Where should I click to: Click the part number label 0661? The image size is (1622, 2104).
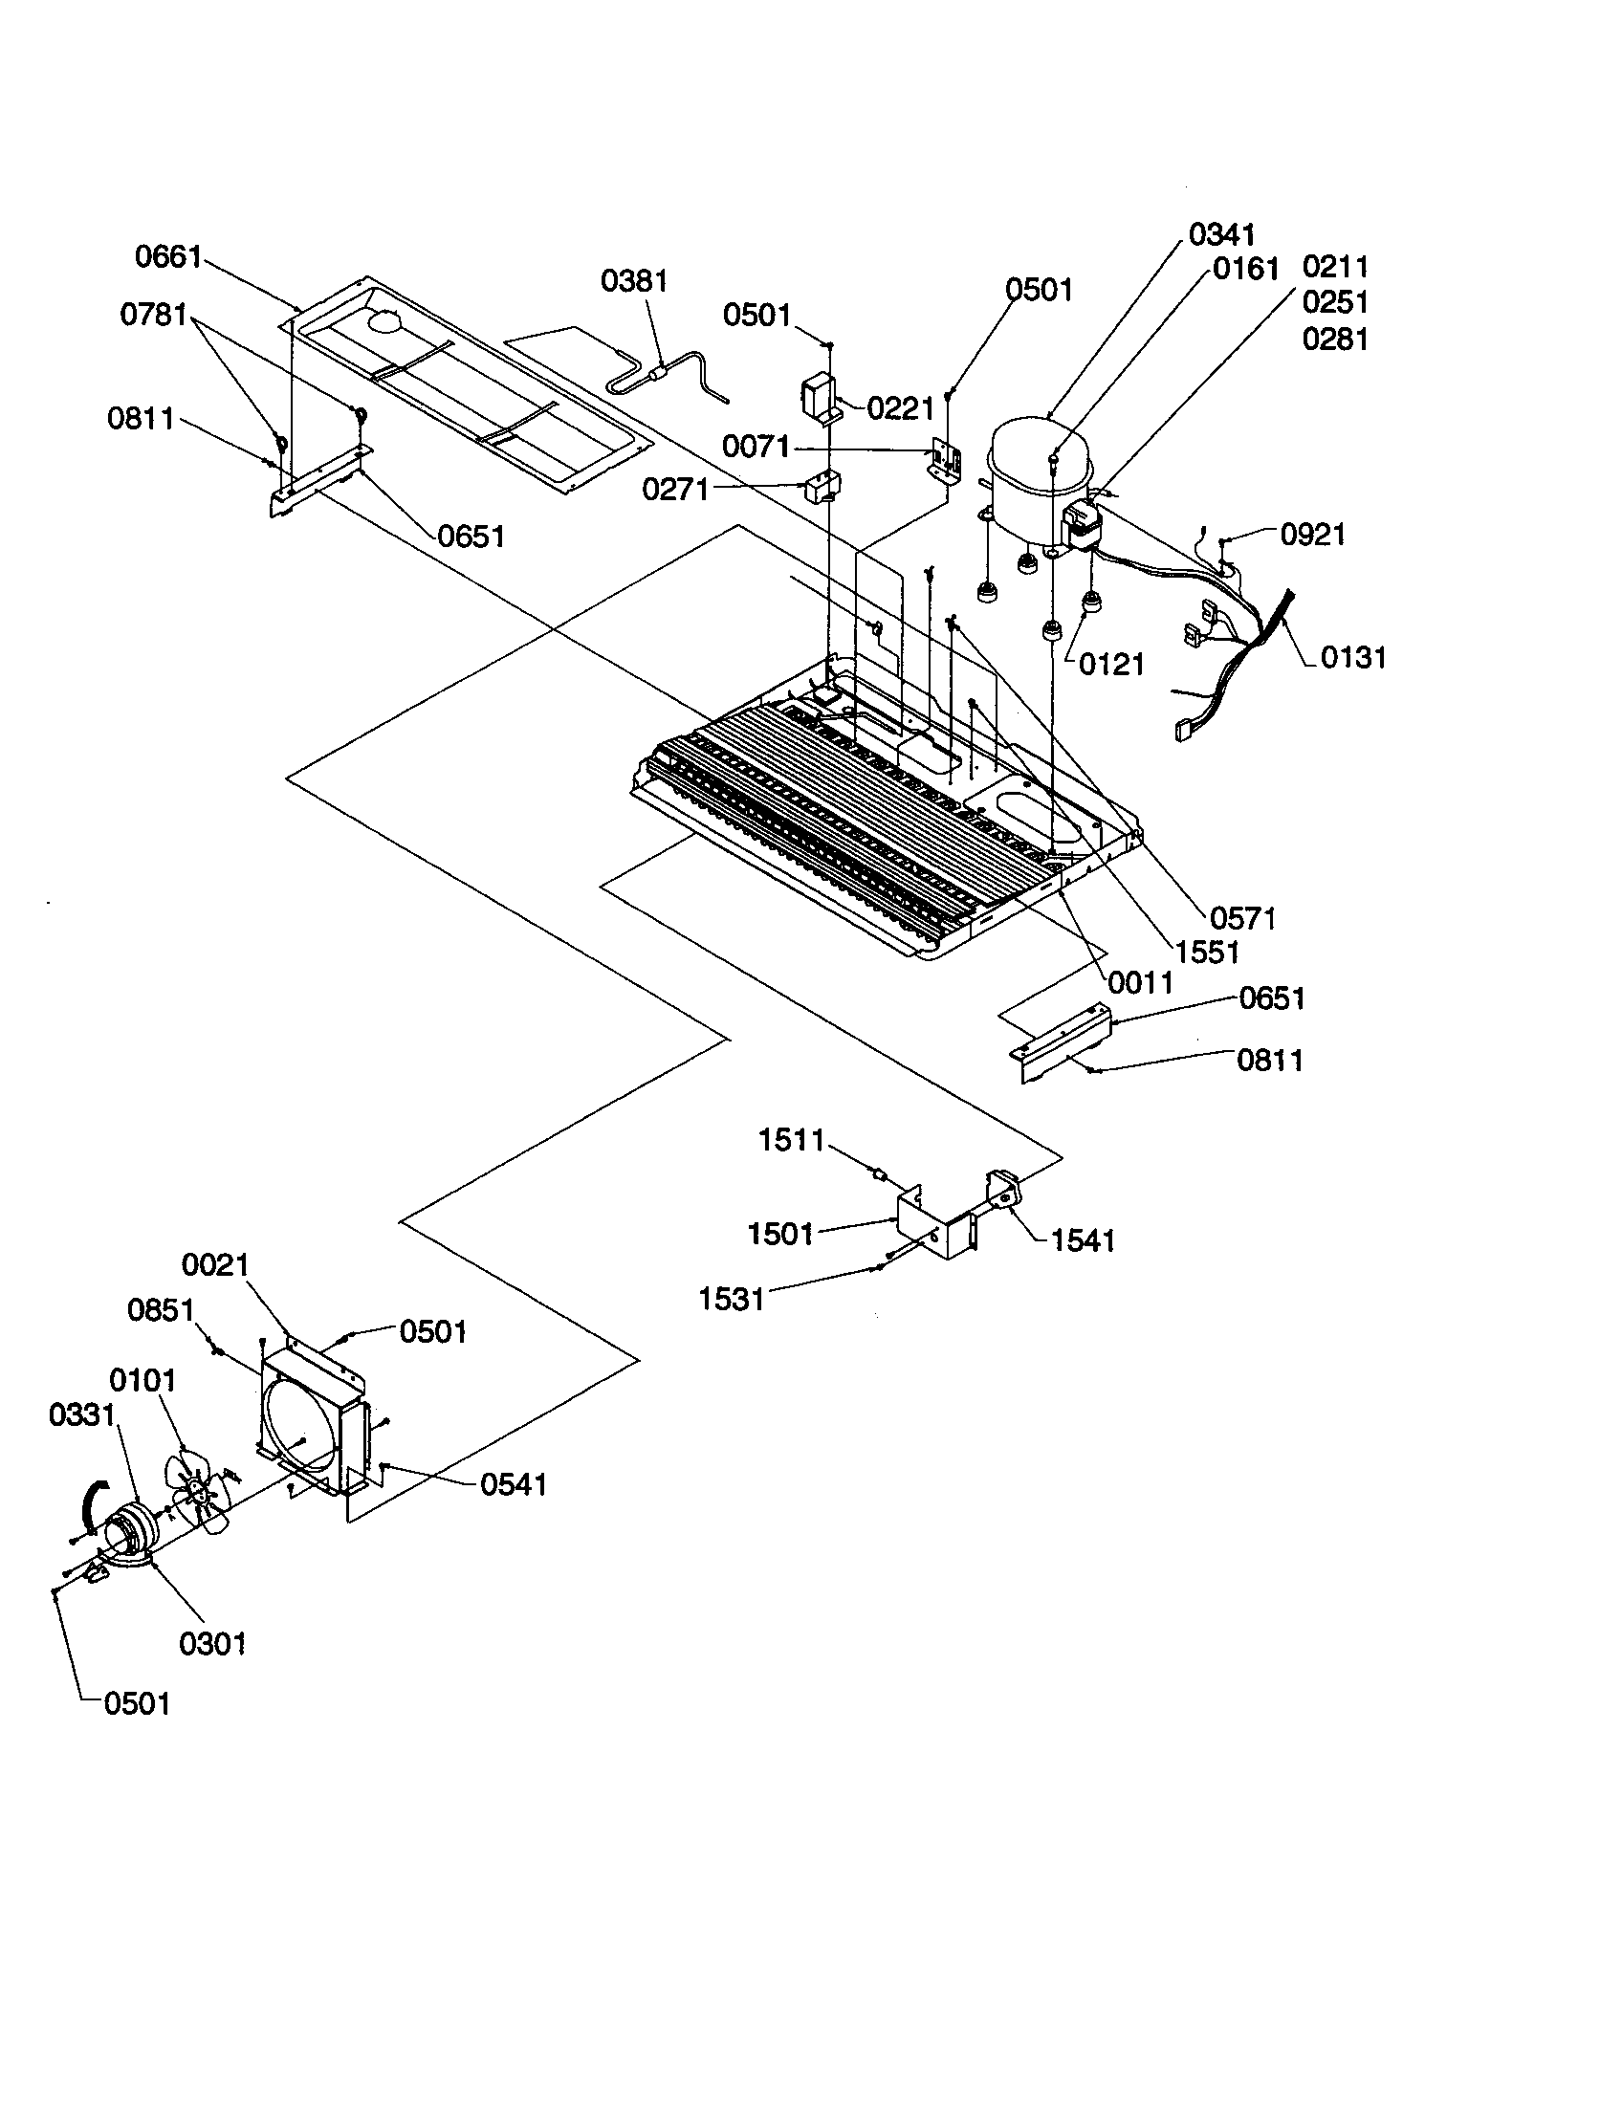tap(167, 257)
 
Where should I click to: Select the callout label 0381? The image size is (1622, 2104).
tap(634, 281)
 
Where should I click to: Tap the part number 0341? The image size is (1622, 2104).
tap(1221, 234)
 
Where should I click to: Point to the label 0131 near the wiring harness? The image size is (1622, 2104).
tap(1352, 658)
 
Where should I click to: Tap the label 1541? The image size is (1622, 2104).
tap(1083, 1240)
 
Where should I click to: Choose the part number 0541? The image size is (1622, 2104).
tap(514, 1484)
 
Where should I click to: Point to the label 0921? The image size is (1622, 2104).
tap(1312, 535)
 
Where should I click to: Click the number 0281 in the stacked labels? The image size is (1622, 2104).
tap(1334, 340)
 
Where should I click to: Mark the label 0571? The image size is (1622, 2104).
tap(1242, 919)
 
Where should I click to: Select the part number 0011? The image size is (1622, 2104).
tap(1140, 982)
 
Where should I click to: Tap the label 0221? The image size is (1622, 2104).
tap(901, 409)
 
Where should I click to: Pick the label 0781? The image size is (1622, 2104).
tap(153, 314)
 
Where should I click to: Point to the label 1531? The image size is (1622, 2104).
tap(731, 1300)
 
